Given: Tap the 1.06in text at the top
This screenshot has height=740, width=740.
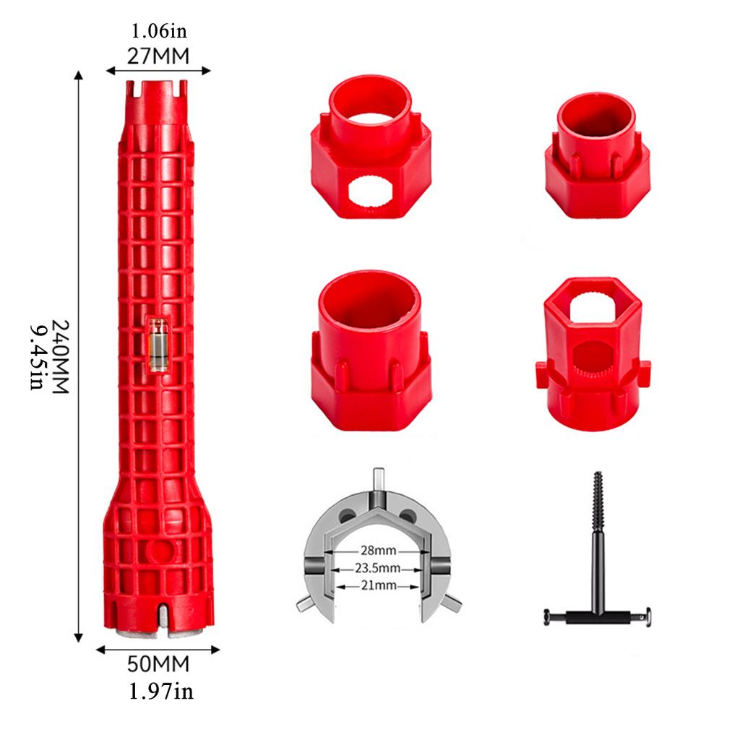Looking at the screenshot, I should (158, 32).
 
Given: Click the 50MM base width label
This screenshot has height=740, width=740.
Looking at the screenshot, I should (158, 663).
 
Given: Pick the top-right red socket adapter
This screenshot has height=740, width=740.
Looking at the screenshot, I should (597, 155).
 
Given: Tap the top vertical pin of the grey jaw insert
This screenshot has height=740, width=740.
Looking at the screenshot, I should (379, 480).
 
